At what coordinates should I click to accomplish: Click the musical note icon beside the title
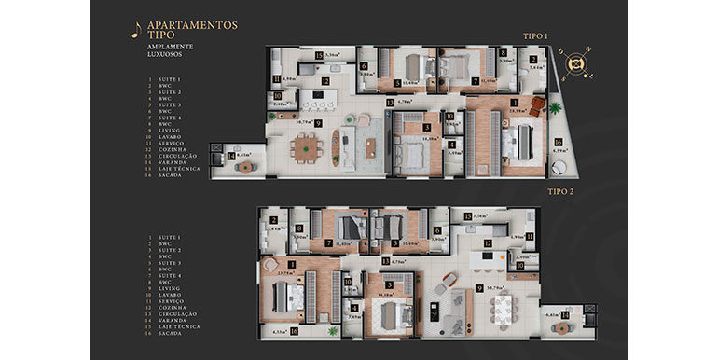point(137,29)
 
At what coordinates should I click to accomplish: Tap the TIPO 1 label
point(534,35)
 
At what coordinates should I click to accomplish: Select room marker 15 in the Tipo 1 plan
point(318,57)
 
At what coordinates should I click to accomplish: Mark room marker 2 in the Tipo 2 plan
point(273,220)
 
